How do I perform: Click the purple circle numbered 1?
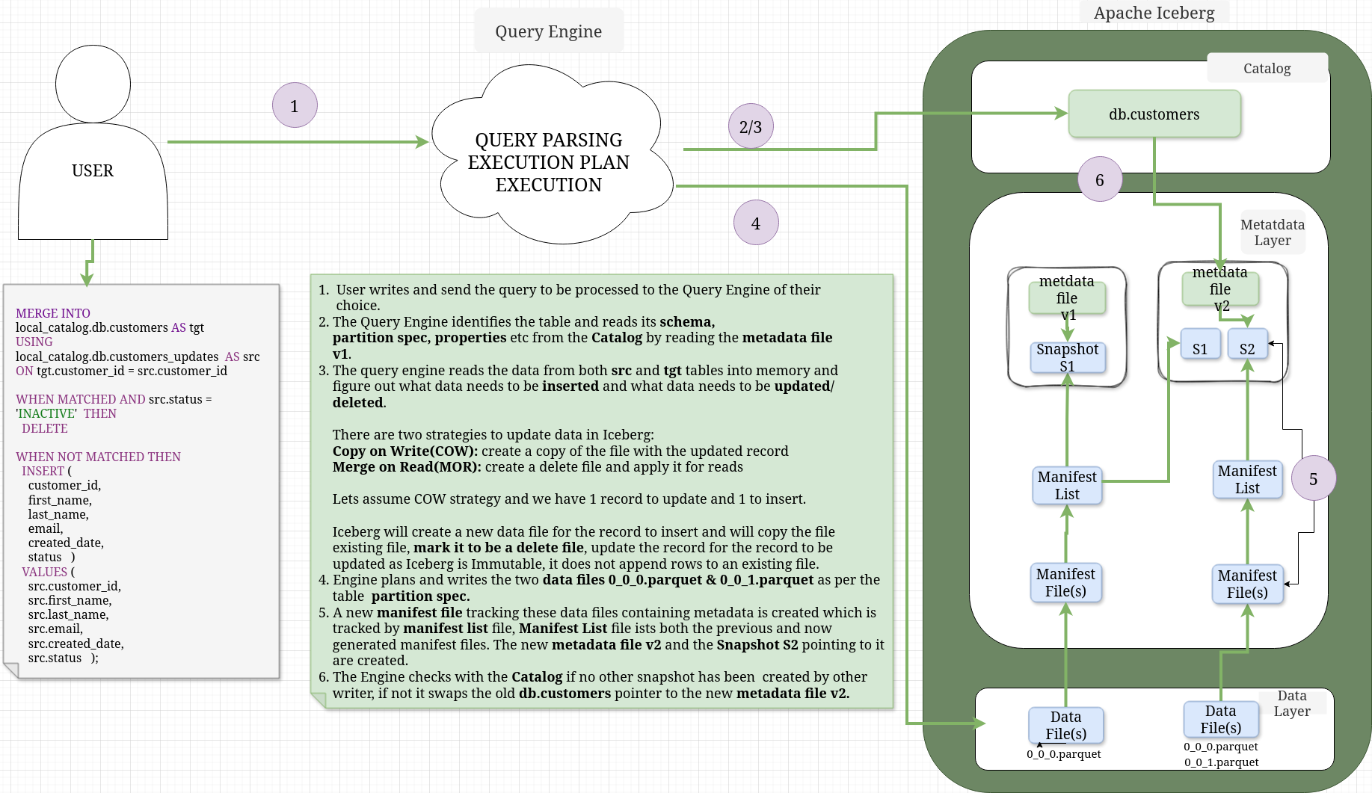click(295, 105)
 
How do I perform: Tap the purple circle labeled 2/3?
click(751, 126)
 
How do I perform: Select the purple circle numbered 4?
click(756, 223)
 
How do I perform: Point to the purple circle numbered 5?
click(1313, 478)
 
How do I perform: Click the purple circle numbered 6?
click(1100, 179)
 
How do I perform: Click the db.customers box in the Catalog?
click(1154, 114)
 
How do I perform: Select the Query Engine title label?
click(548, 31)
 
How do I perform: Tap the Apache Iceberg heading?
click(1154, 13)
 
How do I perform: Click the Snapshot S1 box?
click(1067, 357)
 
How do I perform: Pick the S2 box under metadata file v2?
click(1247, 345)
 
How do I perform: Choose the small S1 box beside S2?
click(1200, 345)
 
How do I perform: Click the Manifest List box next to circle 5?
click(1247, 479)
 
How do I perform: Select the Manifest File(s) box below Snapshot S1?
click(1065, 582)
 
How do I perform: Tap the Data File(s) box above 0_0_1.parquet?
click(1220, 719)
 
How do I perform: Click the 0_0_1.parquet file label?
click(1221, 762)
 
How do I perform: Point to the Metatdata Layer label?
click(1273, 232)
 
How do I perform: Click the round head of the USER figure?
click(93, 84)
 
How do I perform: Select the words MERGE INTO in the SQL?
click(53, 313)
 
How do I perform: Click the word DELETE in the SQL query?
click(45, 428)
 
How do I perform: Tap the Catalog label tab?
click(1267, 68)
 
